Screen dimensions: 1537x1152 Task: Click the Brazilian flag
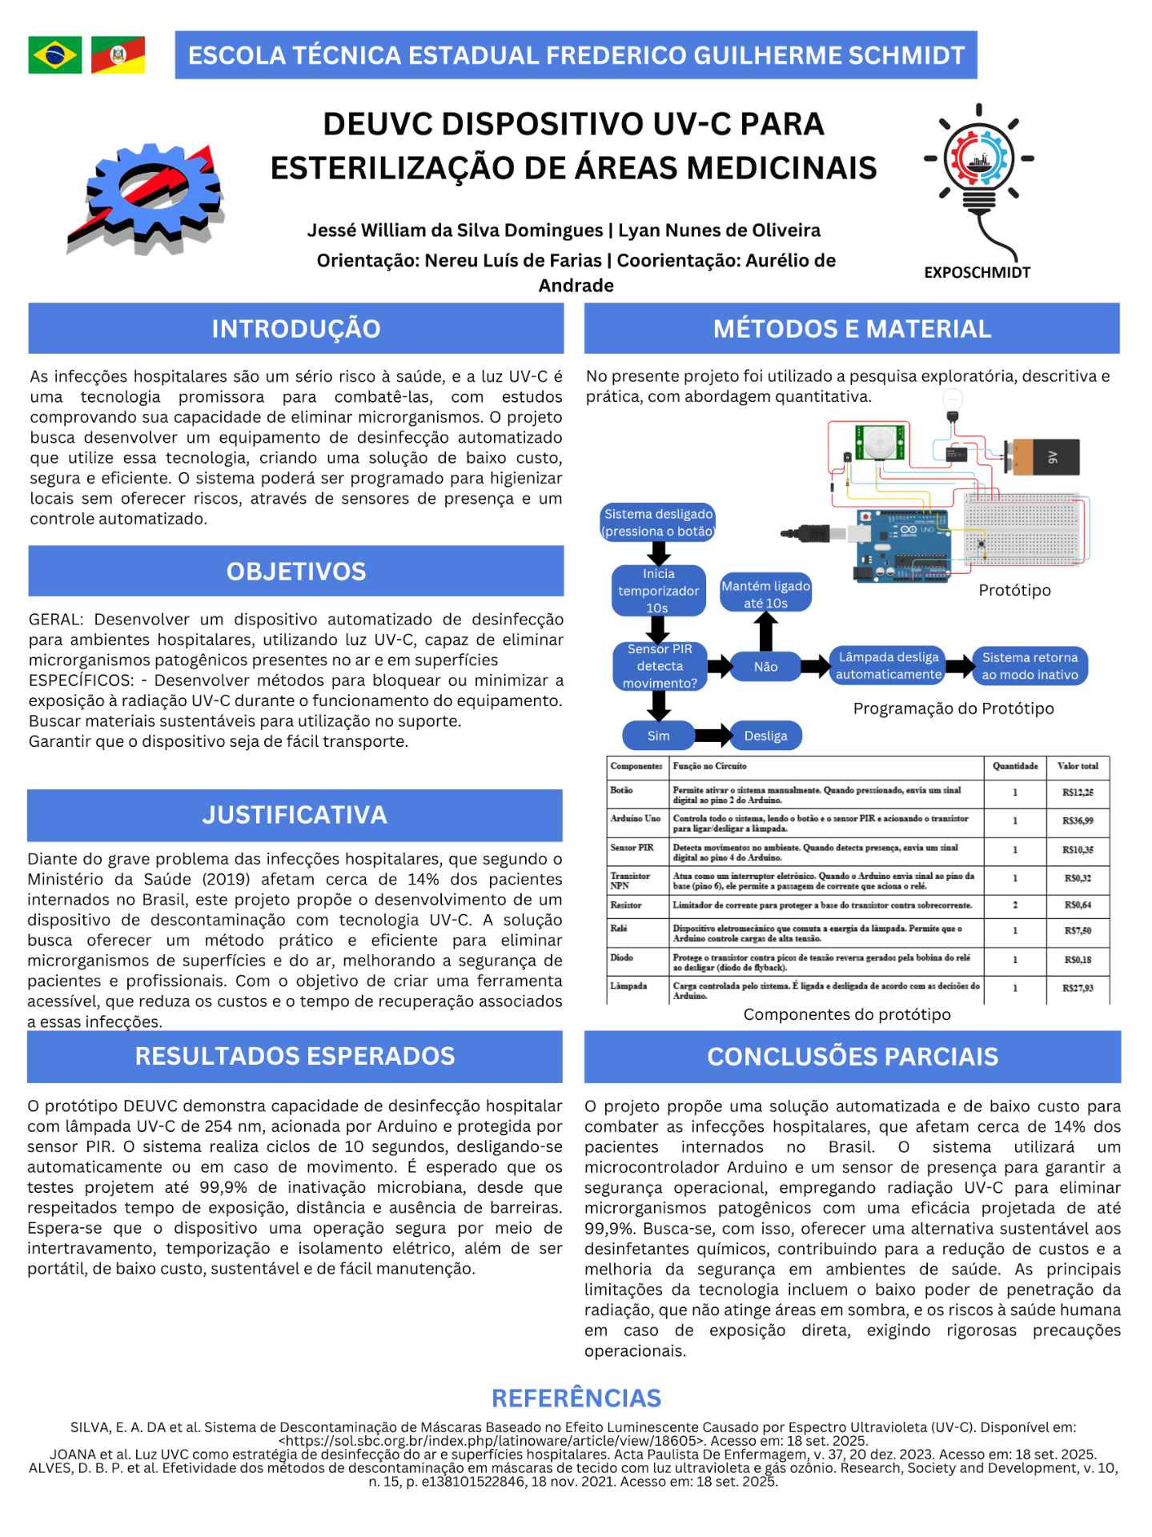point(54,55)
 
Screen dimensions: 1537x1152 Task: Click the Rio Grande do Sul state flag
point(118,55)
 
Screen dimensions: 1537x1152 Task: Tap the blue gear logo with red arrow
point(146,198)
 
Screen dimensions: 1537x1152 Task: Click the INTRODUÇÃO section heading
point(295,328)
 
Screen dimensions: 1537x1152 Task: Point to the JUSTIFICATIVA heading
point(295,815)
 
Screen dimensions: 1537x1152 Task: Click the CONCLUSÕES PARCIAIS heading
point(852,1057)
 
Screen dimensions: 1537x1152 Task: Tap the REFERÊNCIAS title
point(576,1398)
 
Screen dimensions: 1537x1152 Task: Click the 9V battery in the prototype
point(1042,457)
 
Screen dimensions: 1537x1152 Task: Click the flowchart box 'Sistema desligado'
point(658,523)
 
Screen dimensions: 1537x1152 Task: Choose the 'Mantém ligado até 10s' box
point(765,594)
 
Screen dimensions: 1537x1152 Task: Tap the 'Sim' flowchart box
point(658,736)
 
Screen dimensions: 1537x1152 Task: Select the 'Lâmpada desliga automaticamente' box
point(888,665)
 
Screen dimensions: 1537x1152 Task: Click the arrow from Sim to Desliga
point(712,736)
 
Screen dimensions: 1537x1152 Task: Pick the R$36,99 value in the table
point(1078,821)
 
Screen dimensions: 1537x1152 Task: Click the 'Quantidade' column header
point(1014,766)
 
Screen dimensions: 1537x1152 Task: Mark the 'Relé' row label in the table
point(619,929)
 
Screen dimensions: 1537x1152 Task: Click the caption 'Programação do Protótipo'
point(953,708)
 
